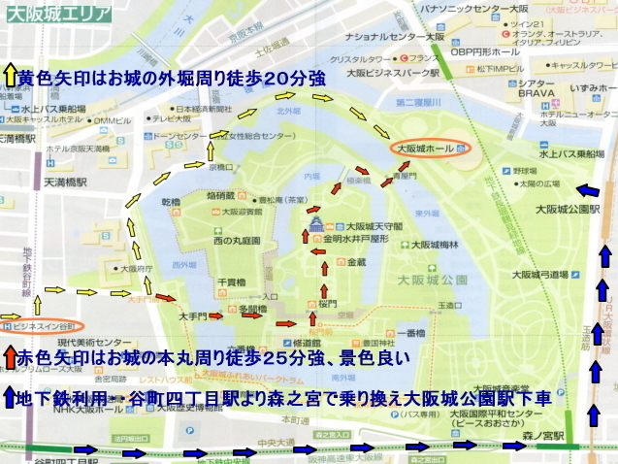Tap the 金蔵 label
356,262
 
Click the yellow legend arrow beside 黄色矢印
10,75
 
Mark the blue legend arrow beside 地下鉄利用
10,397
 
